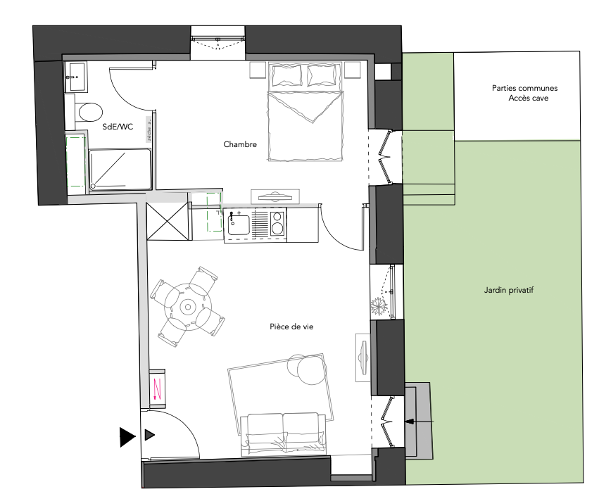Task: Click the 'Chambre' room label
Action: coord(240,144)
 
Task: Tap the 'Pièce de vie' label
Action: coord(291,327)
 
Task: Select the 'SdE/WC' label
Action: coord(118,127)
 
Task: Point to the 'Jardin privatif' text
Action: coord(508,290)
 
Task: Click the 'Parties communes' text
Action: coord(524,88)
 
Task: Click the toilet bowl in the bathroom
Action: coord(91,112)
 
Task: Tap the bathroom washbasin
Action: coord(76,77)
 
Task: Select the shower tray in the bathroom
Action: coord(120,170)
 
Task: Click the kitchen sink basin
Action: coord(239,225)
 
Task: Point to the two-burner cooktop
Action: coord(278,223)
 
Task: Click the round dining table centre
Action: coord(187,307)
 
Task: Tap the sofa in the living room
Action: coord(283,434)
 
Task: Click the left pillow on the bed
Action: coord(286,75)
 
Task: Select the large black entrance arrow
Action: coord(127,437)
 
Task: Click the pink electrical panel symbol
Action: coord(157,388)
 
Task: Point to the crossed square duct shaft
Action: coord(168,221)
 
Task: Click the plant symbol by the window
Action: coord(379,305)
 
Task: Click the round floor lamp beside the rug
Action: coord(313,369)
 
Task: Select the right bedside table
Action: coord(352,70)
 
